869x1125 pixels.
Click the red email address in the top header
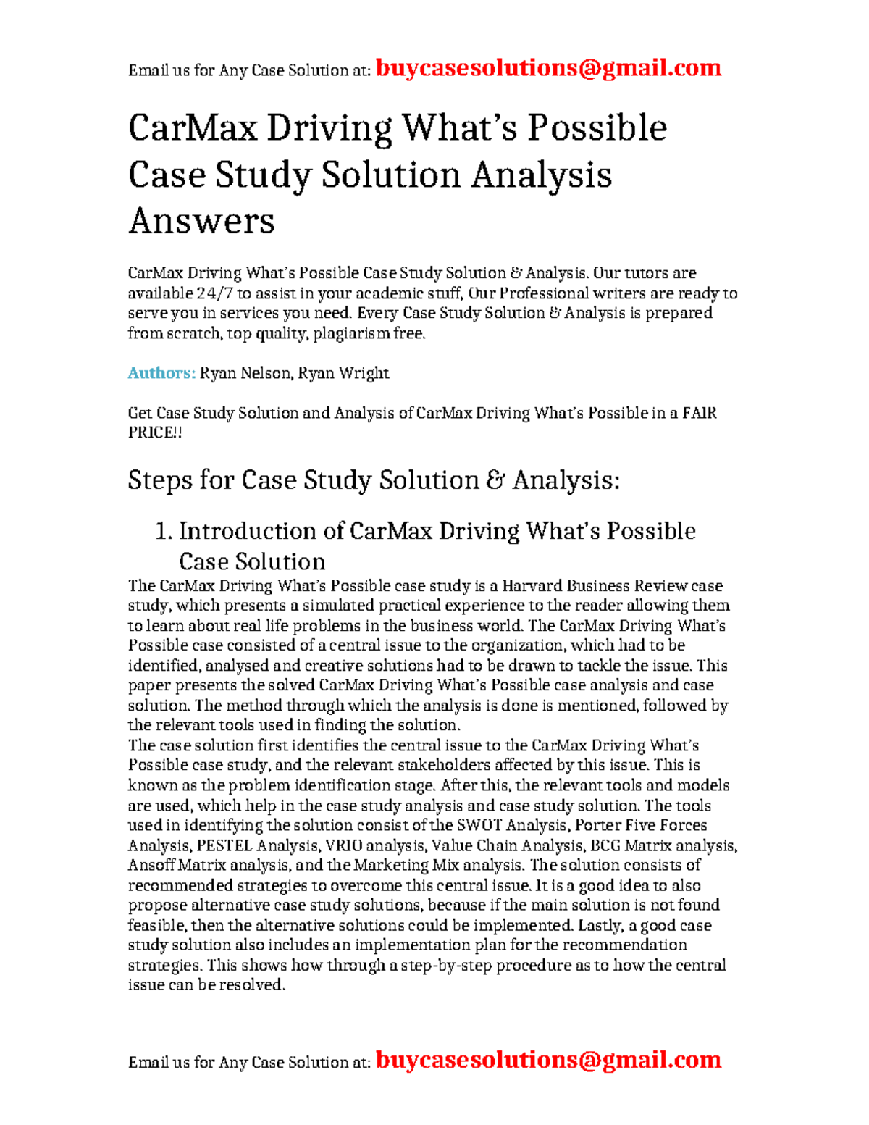coord(548,68)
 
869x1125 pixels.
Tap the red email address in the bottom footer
coord(548,1060)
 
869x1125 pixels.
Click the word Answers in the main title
coord(201,221)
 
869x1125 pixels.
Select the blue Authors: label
coord(161,373)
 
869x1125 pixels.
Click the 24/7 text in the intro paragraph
coord(215,293)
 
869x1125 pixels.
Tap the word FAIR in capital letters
coord(700,413)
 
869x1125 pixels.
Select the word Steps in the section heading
coord(160,480)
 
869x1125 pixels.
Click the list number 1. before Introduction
coord(164,531)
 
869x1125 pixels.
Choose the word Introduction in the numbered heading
coord(261,531)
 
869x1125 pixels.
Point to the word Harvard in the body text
coord(532,585)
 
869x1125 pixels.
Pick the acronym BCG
coord(605,845)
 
